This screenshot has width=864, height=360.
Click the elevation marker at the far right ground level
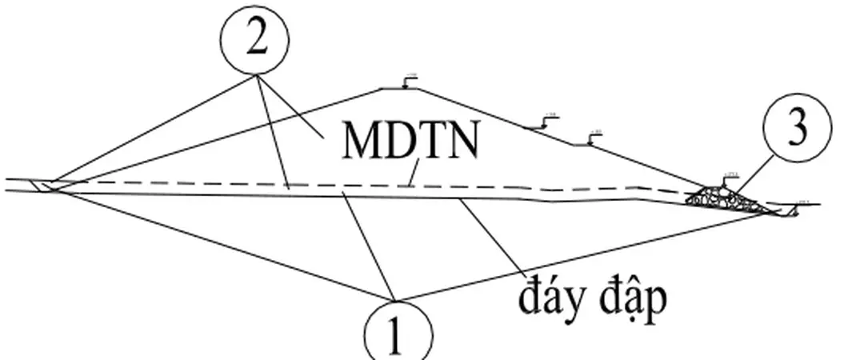799,204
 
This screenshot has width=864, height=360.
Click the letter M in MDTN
357,142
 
